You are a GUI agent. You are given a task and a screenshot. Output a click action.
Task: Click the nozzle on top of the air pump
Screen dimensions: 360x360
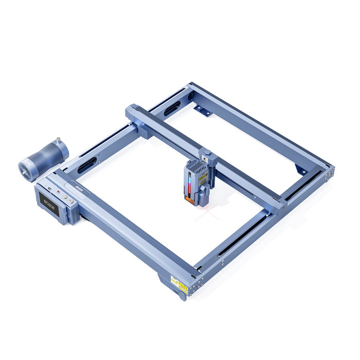coord(58,139)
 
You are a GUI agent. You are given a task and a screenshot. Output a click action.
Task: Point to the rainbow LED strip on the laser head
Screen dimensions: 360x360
coord(189,185)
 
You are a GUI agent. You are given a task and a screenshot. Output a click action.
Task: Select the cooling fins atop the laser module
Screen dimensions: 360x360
coord(196,165)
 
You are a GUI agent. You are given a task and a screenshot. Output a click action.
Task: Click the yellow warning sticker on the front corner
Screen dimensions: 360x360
coord(179,284)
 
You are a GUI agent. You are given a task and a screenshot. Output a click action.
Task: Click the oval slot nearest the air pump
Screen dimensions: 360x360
coord(87,165)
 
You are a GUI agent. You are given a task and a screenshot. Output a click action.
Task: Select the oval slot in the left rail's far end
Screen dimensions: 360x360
coord(172,108)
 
